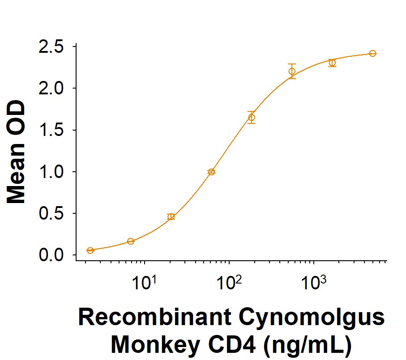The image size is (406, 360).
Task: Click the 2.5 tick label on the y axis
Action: [51, 47]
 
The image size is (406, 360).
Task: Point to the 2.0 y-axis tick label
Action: [51, 89]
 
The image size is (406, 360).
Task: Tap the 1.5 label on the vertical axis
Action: [51, 130]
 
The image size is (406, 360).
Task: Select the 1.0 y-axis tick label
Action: [51, 172]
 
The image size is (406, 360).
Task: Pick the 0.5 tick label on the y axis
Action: [51, 213]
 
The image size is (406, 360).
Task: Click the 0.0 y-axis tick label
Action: [51, 255]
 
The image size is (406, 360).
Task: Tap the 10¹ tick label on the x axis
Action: [145, 282]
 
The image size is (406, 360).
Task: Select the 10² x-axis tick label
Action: [229, 282]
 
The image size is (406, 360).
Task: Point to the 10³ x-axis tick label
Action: [314, 282]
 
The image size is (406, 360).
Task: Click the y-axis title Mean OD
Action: [16, 152]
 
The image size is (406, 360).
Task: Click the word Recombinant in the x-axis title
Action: [154, 318]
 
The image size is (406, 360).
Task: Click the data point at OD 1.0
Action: [212, 172]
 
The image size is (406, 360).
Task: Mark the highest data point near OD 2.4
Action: [372, 54]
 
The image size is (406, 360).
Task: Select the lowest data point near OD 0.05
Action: [90, 250]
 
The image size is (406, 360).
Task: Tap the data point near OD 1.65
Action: [252, 118]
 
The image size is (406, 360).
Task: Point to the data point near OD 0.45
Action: [171, 217]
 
